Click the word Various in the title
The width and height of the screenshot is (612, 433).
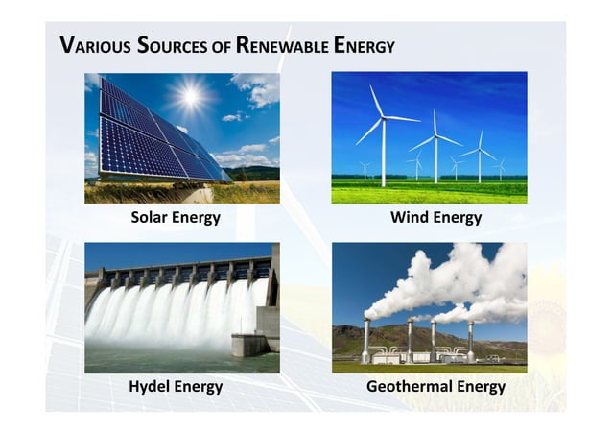click(89, 45)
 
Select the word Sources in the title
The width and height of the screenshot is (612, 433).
click(166, 45)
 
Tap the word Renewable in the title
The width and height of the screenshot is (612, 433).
click(280, 45)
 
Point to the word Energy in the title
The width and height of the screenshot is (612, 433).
click(363, 45)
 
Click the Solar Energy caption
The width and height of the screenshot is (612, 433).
click(176, 218)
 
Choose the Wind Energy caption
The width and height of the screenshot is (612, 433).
click(435, 218)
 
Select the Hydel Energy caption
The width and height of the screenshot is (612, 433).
click(176, 387)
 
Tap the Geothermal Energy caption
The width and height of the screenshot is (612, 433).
click(435, 387)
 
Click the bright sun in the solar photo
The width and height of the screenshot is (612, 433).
click(192, 95)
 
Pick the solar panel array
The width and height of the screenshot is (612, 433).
click(153, 134)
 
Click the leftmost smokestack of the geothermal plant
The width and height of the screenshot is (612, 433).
click(365, 340)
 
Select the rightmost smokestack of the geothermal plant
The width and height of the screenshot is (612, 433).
click(470, 340)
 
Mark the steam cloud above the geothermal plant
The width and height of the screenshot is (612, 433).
click(451, 278)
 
